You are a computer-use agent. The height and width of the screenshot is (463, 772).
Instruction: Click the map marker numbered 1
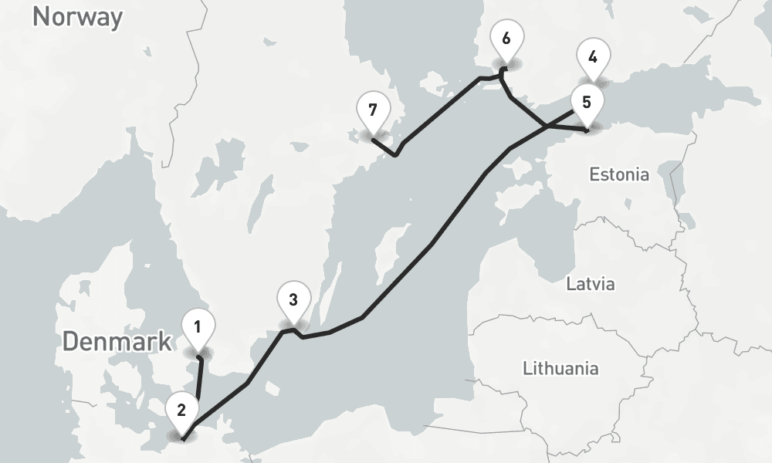198,328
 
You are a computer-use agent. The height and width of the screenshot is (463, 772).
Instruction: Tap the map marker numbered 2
181,410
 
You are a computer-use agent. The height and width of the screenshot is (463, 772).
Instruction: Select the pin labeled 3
293,300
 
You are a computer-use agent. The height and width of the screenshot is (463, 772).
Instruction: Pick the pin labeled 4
592,57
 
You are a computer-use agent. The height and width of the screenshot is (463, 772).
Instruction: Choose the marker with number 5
586,102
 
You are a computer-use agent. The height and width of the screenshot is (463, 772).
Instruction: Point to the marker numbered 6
506,39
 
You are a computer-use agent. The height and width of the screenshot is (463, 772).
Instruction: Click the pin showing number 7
373,110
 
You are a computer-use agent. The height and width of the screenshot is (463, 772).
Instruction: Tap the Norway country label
77,16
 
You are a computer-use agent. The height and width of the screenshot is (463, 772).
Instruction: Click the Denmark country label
117,342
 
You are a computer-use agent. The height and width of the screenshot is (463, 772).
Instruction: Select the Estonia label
619,174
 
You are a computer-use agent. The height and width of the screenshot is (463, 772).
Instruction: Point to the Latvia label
591,284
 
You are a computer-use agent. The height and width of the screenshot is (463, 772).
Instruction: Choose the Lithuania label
560,367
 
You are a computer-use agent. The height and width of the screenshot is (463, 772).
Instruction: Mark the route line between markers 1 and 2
200,380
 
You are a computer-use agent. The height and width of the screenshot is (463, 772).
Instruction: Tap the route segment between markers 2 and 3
247,383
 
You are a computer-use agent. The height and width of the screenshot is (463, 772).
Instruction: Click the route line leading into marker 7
384,146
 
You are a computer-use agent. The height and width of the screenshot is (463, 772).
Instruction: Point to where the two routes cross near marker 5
546,126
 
